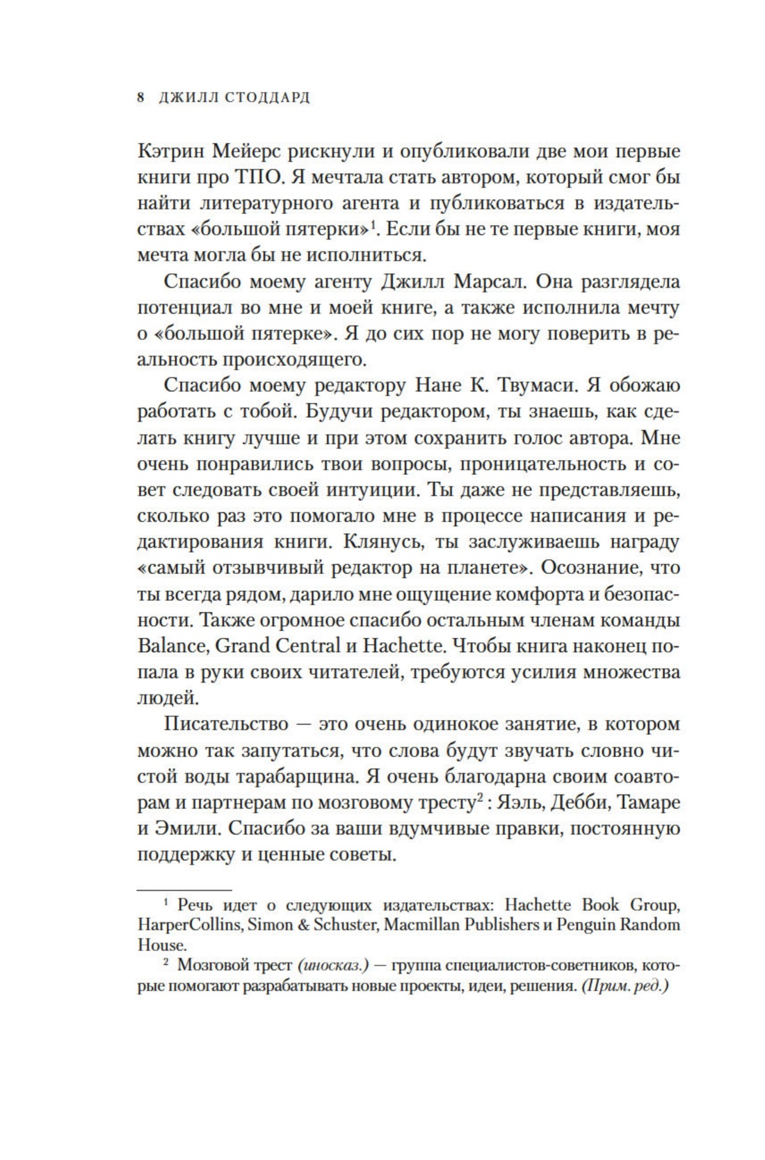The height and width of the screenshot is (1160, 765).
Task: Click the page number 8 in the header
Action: (140, 98)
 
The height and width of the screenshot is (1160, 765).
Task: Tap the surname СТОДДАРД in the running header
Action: (267, 98)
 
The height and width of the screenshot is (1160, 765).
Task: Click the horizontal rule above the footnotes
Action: (184, 889)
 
